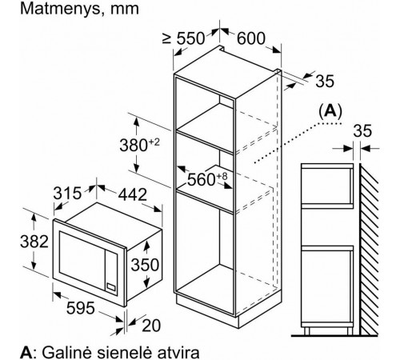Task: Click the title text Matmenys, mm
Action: point(79,9)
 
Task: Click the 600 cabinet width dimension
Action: point(251,38)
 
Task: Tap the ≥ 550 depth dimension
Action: point(183,38)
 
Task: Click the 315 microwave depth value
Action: point(67,193)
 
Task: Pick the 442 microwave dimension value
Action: point(133,194)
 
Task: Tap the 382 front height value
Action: point(34,242)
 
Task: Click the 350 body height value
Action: point(145,265)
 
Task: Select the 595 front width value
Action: point(81,308)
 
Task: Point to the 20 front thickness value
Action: point(151,326)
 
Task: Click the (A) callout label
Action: point(330,111)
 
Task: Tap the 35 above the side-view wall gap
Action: point(362,131)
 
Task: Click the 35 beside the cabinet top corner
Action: point(325,81)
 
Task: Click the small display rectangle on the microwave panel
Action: point(111,286)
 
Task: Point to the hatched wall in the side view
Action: point(369,249)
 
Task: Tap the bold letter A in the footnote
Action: point(26,353)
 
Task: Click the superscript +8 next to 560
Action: point(222,176)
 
